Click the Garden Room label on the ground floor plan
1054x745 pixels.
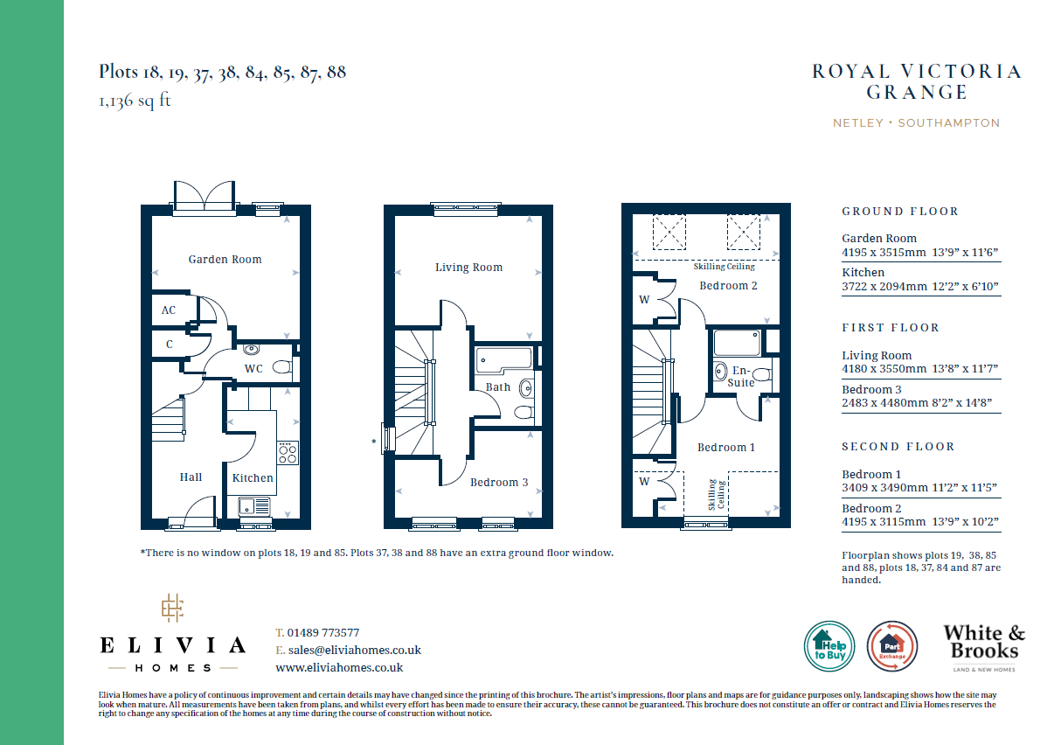(x=225, y=260)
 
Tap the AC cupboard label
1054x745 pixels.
(x=169, y=310)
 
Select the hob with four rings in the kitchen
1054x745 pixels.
(x=288, y=453)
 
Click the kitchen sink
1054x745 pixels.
(x=254, y=506)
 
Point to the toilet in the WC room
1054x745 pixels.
(x=281, y=366)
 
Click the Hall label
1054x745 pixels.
(x=191, y=477)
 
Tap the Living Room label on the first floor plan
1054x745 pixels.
(x=468, y=268)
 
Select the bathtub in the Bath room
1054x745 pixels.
(x=504, y=359)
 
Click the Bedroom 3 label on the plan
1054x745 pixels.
(x=499, y=482)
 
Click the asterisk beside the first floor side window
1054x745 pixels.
(x=373, y=442)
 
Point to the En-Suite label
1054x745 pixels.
(x=741, y=376)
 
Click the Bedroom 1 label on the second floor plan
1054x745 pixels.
(x=726, y=448)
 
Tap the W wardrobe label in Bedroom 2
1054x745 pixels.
(x=644, y=300)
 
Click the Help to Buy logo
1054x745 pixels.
(x=829, y=646)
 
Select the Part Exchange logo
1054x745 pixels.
(x=892, y=646)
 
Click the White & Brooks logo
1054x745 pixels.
(x=984, y=647)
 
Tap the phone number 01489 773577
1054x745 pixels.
(x=323, y=632)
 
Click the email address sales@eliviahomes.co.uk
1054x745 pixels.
(x=355, y=651)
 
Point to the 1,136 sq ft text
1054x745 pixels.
(x=135, y=101)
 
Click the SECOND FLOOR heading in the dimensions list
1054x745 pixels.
(x=898, y=447)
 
